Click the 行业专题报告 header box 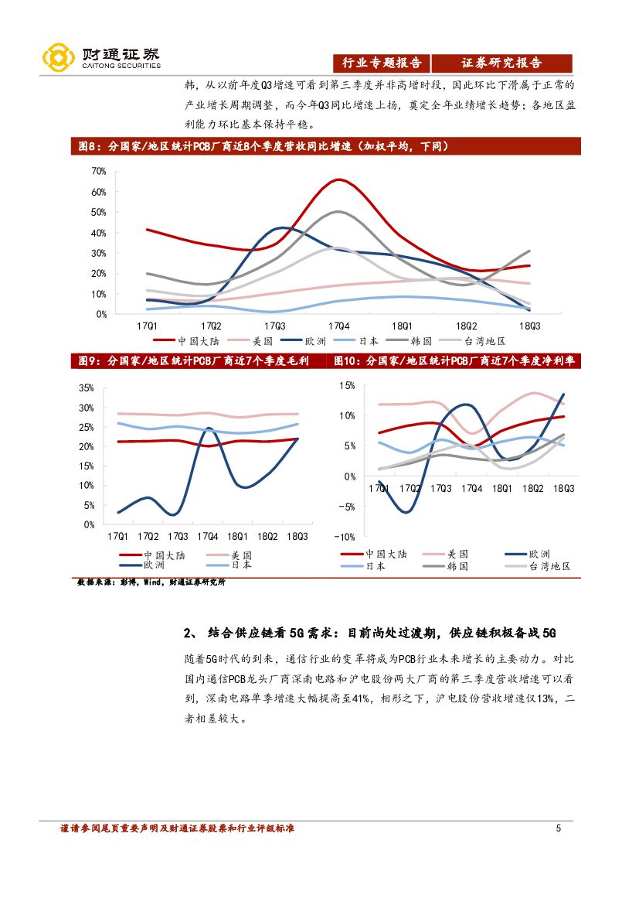(x=382, y=63)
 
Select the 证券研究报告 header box (x=501, y=63)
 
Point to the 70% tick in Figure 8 (x=98, y=171)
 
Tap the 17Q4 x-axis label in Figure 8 (x=338, y=326)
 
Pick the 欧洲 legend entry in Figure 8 (x=311, y=340)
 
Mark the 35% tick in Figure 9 (x=87, y=388)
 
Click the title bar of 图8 (x=325, y=145)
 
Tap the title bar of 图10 (x=456, y=360)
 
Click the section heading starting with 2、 (x=370, y=633)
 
